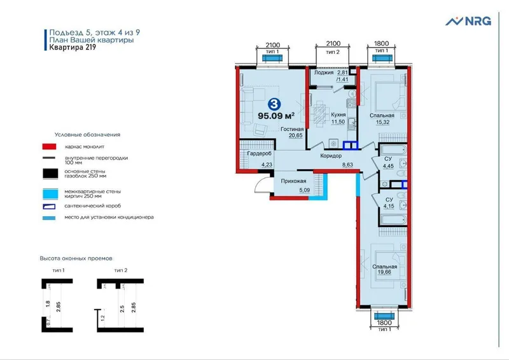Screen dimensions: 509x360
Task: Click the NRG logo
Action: coord(468,21)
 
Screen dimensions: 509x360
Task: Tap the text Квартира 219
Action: coord(73,48)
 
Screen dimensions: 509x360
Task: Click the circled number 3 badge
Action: coord(274,104)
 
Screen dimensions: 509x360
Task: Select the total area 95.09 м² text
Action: coord(276,116)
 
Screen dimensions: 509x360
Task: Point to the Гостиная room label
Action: coord(292,129)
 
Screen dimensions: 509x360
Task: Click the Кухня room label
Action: coord(338,114)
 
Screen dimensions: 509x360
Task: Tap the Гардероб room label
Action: coord(259,153)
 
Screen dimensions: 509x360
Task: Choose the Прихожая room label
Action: coord(293,181)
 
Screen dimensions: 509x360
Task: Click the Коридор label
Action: coord(331,156)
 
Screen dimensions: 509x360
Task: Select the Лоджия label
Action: coord(324,73)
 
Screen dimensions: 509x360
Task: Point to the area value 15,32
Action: coord(382,122)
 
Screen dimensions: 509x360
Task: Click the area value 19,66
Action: coord(384,272)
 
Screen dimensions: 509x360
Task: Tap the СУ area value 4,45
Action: coord(388,166)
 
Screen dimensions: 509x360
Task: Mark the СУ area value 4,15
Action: coord(389,206)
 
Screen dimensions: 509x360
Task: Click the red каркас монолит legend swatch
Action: coord(49,147)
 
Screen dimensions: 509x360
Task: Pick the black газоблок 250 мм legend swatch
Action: coord(50,174)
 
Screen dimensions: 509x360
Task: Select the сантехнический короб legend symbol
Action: coord(49,207)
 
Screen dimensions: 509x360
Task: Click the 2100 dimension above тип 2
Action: coord(333,43)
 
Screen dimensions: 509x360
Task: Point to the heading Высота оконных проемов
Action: coord(76,259)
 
